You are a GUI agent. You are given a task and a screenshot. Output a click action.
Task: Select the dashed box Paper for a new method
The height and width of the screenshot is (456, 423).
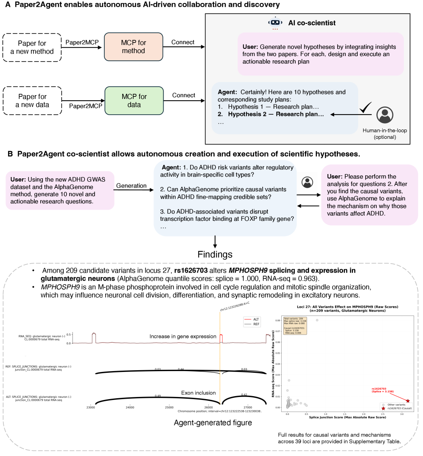(x=32, y=47)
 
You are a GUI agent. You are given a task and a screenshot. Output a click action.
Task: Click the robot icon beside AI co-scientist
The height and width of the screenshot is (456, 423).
(x=275, y=23)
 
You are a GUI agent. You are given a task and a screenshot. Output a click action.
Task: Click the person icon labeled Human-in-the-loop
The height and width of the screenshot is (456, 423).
(x=385, y=115)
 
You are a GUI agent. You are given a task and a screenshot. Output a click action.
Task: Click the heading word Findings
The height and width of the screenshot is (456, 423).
(x=215, y=255)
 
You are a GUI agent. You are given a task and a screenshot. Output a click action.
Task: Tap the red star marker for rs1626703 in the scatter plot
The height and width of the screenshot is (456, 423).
(x=408, y=401)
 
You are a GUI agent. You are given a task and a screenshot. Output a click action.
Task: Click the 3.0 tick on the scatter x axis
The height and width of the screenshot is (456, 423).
(x=402, y=414)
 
